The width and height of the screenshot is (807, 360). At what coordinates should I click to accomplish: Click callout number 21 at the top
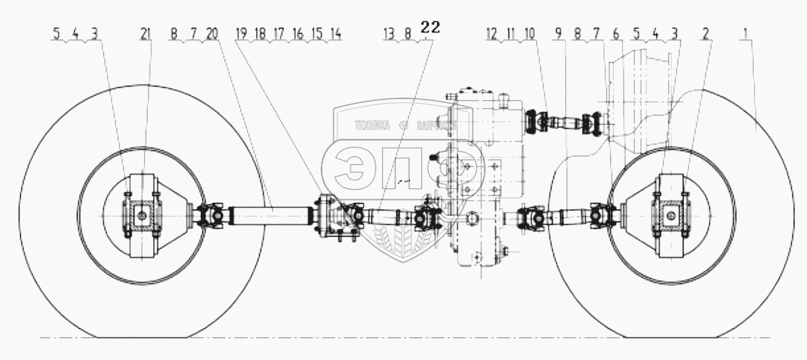(x=145, y=33)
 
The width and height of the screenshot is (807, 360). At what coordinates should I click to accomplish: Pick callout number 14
(x=336, y=33)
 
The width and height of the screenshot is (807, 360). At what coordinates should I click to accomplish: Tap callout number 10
(x=531, y=33)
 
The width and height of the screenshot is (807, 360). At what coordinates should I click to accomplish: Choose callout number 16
(x=298, y=33)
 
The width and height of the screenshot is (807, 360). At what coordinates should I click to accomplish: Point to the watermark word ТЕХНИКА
(x=372, y=126)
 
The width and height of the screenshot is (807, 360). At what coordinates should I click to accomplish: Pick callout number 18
(x=259, y=33)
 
